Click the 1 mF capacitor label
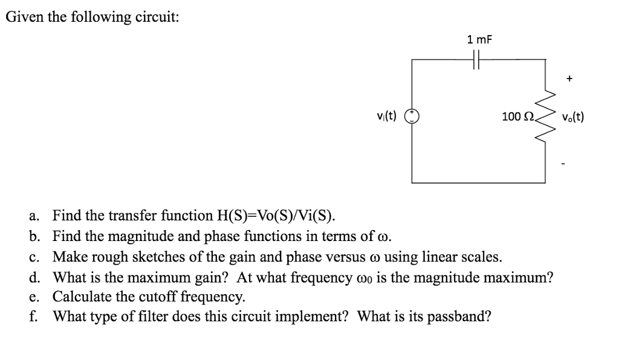[x=480, y=40]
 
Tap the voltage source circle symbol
[x=413, y=117]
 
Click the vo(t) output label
[x=572, y=117]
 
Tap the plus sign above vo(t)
[x=569, y=79]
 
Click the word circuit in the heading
[x=158, y=17]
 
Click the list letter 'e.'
[x=34, y=297]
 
